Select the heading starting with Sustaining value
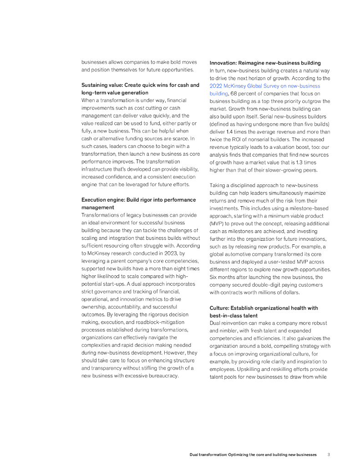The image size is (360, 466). tap(140, 85)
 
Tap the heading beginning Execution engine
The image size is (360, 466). tap(138, 200)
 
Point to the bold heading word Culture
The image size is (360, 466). tap(219, 308)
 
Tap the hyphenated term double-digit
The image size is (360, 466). tap(262, 285)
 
